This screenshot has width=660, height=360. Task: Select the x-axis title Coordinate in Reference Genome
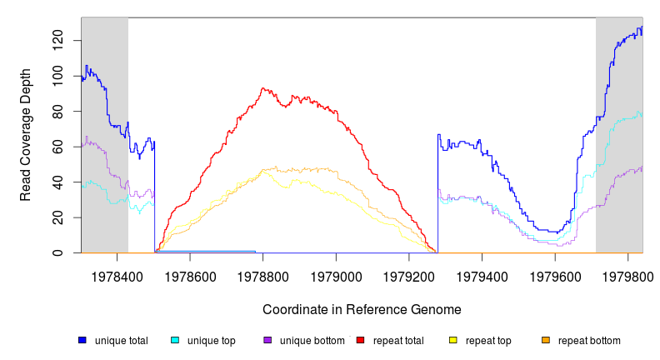tap(362, 310)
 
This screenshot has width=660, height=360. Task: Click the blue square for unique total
tap(82, 340)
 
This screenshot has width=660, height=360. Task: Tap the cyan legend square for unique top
tap(175, 340)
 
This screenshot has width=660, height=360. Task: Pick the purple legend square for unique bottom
tap(267, 340)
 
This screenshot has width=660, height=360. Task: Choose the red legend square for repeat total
tap(360, 340)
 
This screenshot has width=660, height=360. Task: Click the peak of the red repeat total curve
tap(262, 88)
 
